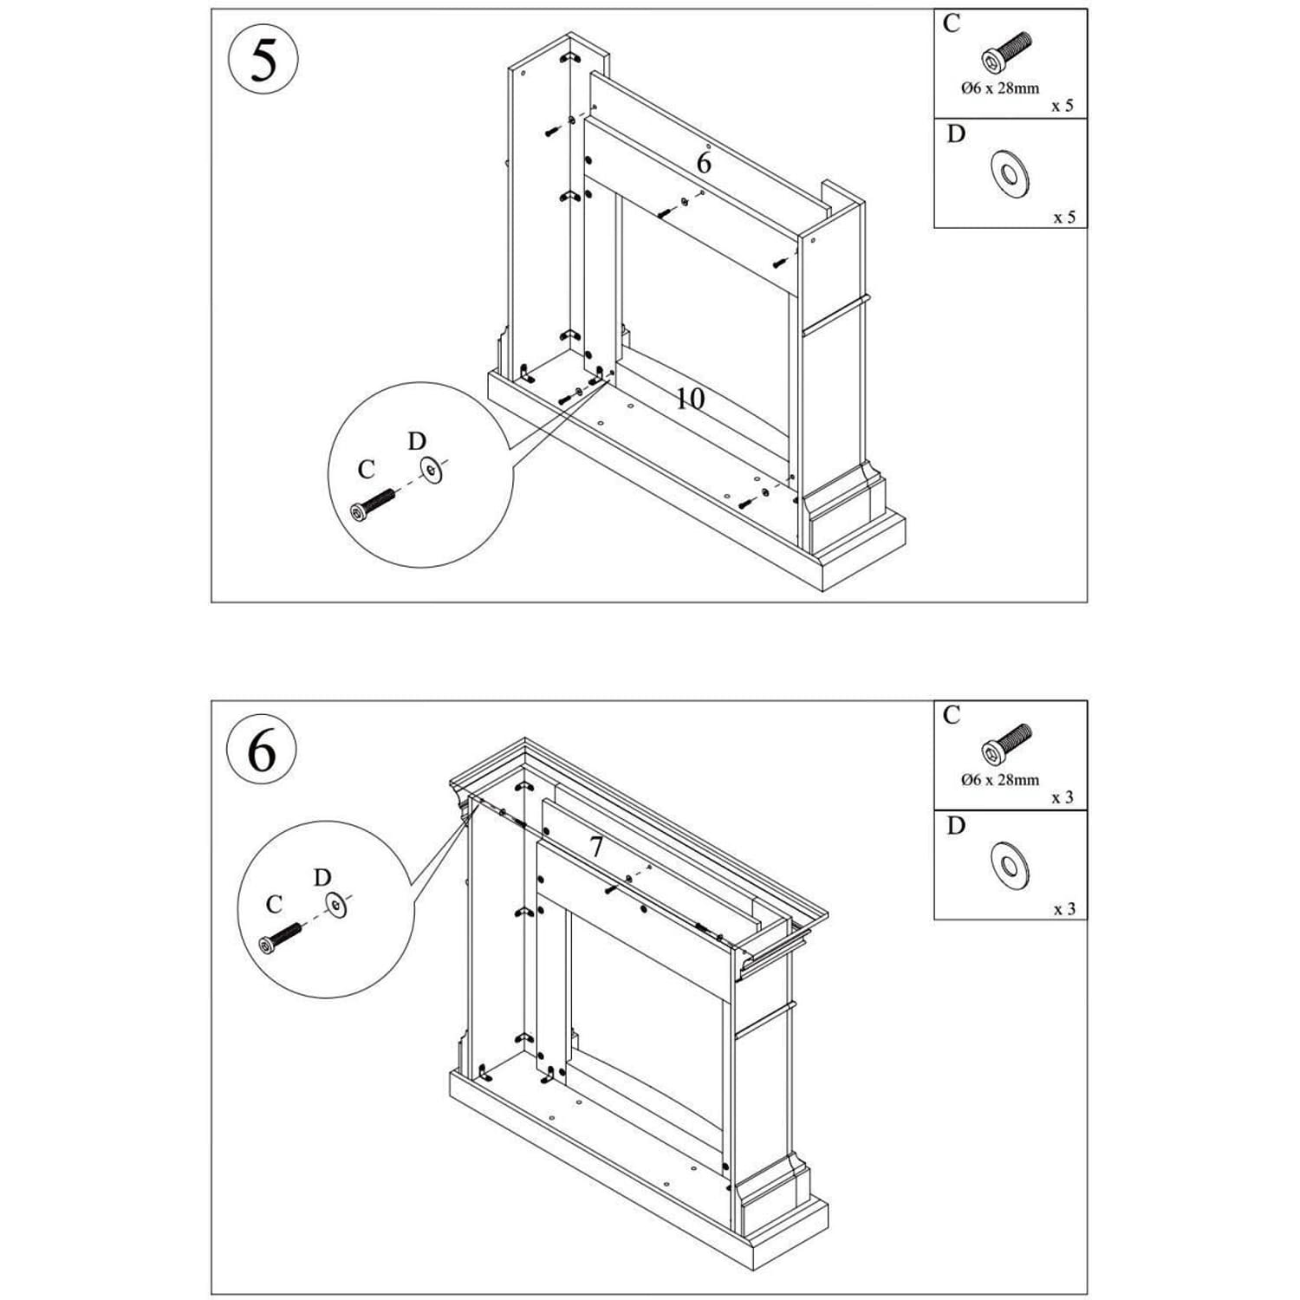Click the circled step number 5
coord(263,59)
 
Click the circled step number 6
coord(262,751)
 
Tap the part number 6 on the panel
coord(704,162)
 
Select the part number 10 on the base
coord(690,399)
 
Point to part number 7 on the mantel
coord(596,847)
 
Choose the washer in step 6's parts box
coord(1009,865)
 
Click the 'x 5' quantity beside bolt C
coord(1062,106)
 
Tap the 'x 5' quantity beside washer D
coord(1063,217)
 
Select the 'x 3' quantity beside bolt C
coord(1062,797)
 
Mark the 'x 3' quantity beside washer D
coord(1063,909)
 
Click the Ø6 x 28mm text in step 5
coord(1000,88)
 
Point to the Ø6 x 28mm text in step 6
coord(1000,779)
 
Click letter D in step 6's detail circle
coord(322,878)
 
